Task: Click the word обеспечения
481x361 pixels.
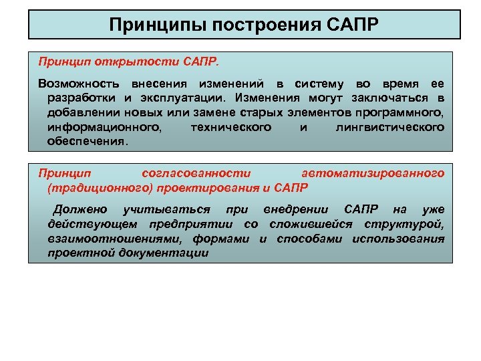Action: (86, 142)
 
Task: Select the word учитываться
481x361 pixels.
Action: (172, 211)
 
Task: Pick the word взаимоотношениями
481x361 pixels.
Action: (114, 239)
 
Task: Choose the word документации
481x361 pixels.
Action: (166, 253)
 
